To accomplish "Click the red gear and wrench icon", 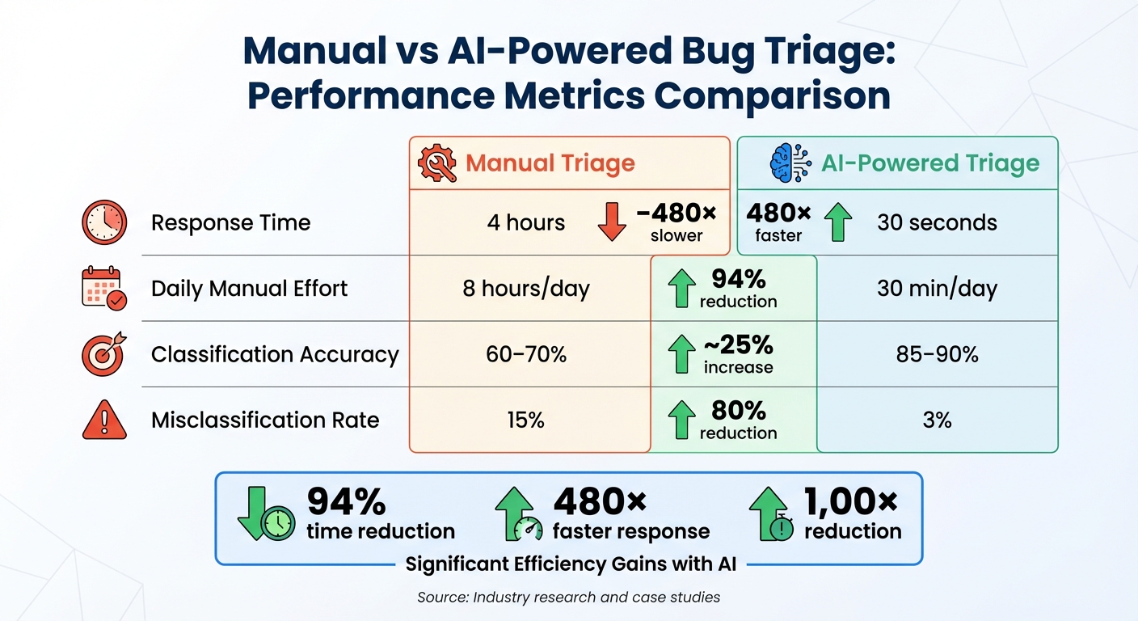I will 436,163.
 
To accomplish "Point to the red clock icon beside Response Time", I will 104,222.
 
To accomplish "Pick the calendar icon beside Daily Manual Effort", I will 104,289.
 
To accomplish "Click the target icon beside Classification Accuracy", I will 104,354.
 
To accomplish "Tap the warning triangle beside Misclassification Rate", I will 104,420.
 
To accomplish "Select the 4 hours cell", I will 526,222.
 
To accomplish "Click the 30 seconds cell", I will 937,222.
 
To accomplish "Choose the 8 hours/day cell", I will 526,289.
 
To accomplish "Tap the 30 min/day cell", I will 937,289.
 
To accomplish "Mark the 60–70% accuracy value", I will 526,354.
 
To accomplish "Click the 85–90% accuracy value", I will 937,354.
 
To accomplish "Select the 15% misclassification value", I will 526,420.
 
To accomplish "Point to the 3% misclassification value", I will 937,420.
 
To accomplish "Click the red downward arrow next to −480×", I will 612,222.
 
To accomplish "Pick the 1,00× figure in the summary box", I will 851,502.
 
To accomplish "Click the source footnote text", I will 568,598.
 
